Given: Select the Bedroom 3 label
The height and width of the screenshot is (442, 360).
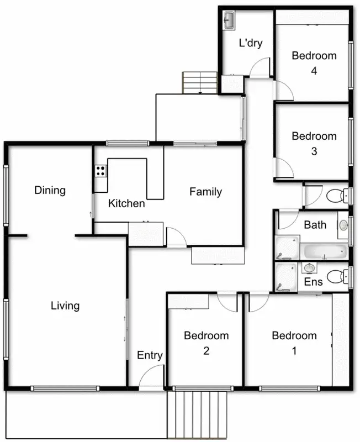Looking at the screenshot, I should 314,143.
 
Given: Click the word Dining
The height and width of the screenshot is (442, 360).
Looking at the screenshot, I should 50,191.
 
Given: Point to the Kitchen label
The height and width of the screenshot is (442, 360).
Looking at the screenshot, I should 126,203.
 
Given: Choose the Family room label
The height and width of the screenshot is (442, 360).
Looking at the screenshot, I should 205,192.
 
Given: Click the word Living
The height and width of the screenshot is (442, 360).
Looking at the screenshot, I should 65,306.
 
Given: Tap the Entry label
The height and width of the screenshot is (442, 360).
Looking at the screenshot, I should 150,355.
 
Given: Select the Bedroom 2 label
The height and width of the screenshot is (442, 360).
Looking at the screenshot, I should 206,343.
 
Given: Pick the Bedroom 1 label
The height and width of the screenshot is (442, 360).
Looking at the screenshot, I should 294,343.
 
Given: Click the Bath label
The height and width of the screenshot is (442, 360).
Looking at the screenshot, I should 315,225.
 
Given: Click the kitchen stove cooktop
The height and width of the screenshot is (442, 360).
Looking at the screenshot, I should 100,171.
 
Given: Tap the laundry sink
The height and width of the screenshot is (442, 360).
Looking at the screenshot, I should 229,20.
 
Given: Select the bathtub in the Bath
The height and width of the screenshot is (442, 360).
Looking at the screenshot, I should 325,252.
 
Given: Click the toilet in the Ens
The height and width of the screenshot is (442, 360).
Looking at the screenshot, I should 336,276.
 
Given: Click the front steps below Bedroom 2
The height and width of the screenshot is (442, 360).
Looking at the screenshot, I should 199,415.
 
